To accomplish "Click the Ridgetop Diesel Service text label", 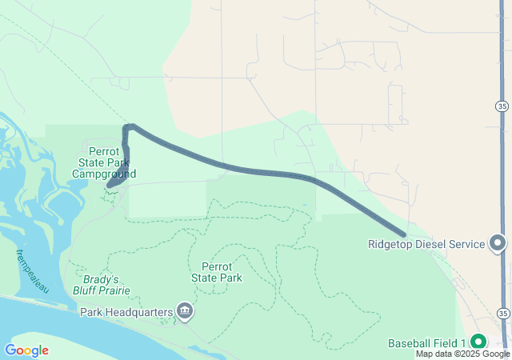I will point(426,244).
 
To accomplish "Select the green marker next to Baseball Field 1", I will point(479,341).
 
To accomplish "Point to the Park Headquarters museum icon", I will point(186,310).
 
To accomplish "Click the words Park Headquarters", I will point(126,311).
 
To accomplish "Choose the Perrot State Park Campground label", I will point(104,162).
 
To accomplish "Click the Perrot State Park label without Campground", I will point(216,272).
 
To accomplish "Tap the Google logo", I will point(26,350).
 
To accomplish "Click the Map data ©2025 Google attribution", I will point(462,354).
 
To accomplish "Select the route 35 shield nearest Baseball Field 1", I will point(502,312).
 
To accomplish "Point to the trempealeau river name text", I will point(32,271).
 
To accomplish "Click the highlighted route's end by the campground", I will point(110,185).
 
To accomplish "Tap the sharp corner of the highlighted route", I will point(128,126).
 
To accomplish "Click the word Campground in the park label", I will point(104,174).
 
